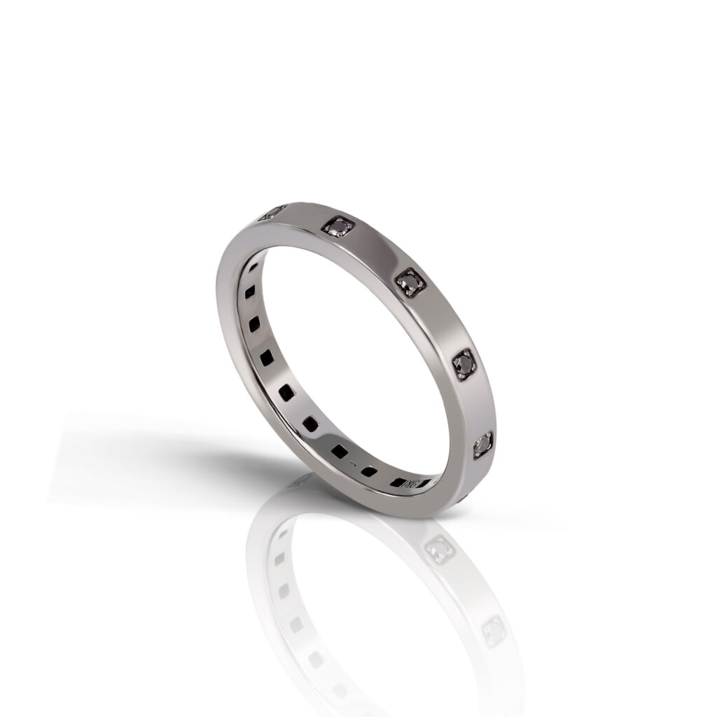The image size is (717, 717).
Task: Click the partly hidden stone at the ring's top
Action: click(x=272, y=212)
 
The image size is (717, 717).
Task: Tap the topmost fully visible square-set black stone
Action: click(x=338, y=225)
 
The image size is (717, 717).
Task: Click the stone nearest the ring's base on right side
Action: click(x=484, y=443)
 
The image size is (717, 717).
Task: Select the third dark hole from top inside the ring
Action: click(x=255, y=323)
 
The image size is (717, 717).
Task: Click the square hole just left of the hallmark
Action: click(x=398, y=482)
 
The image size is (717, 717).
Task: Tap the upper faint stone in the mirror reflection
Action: click(x=439, y=550)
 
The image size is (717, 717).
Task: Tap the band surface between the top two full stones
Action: click(x=375, y=252)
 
